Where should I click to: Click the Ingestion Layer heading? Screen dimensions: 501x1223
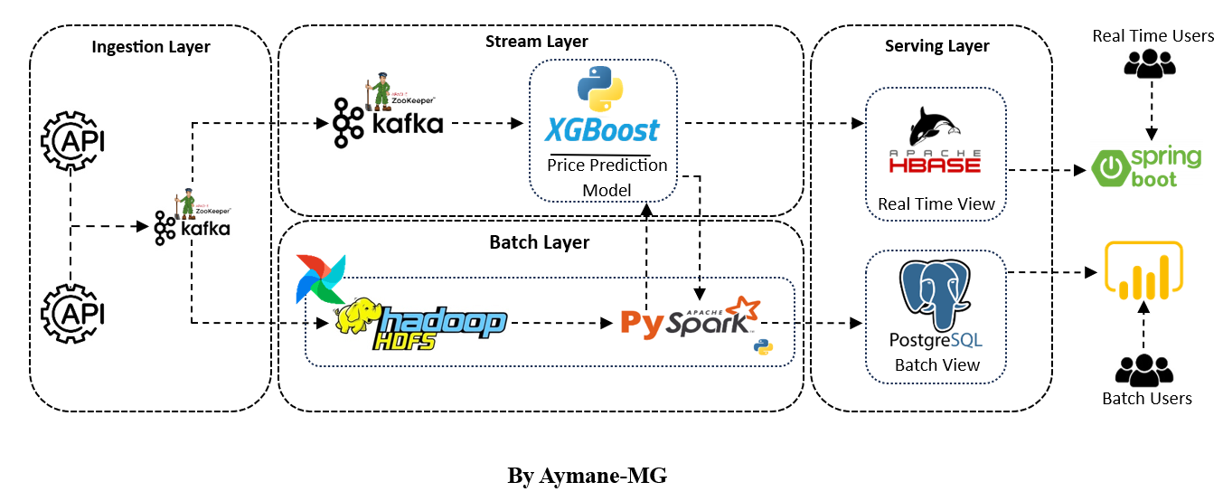[x=151, y=47]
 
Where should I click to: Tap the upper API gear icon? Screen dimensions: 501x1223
[x=72, y=141]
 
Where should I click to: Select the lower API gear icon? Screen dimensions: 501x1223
[x=72, y=313]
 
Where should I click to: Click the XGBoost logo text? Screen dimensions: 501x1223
[x=602, y=131]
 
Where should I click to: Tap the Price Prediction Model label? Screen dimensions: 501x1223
[x=607, y=177]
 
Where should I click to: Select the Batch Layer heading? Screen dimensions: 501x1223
[x=539, y=242]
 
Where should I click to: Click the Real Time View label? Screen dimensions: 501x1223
[x=936, y=204]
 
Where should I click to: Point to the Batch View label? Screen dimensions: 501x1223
[x=936, y=365]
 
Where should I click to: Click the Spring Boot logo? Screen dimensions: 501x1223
[x=1147, y=167]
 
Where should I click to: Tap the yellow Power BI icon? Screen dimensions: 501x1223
[x=1143, y=273]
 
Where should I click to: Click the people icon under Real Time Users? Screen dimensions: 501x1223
[x=1149, y=62]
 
